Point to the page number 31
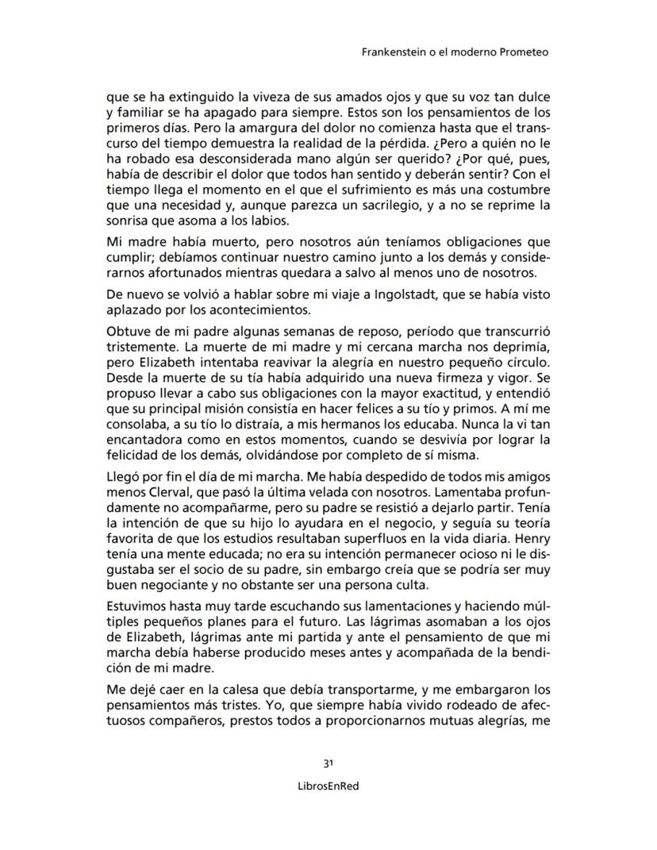point(328,763)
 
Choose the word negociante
point(167,585)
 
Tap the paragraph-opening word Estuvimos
point(137,607)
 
